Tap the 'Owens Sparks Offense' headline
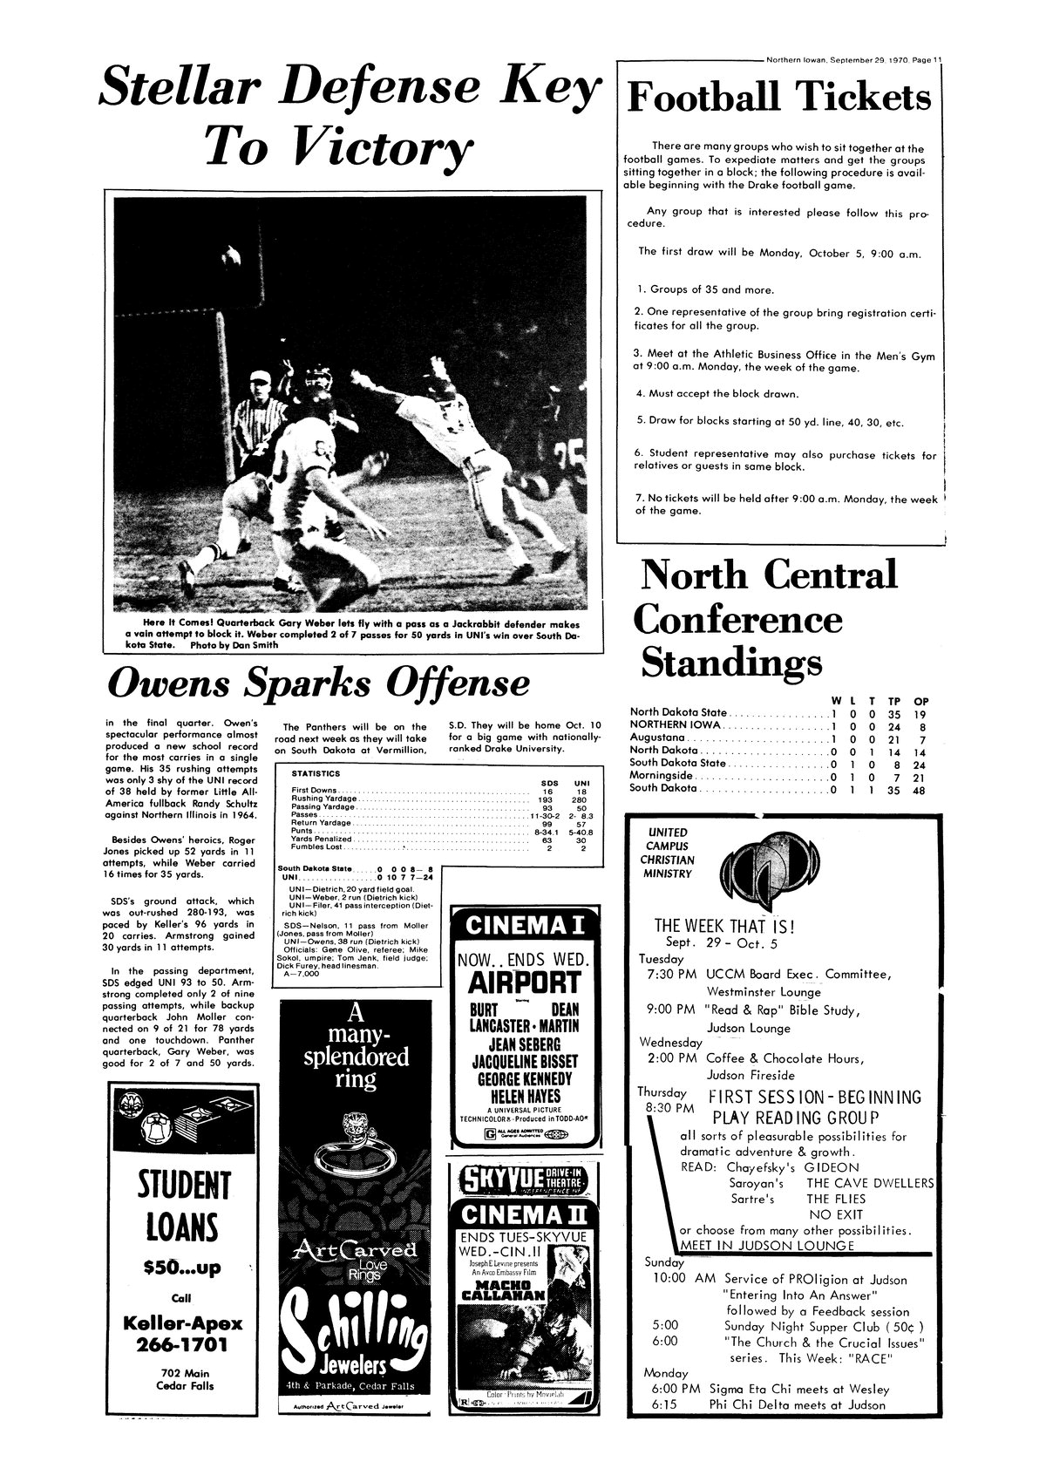point(318,683)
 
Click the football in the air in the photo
point(232,256)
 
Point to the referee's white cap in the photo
point(260,376)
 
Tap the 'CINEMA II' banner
point(523,1214)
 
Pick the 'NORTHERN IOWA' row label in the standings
point(676,724)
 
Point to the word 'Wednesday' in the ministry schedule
point(671,1042)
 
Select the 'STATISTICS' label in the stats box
point(316,773)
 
